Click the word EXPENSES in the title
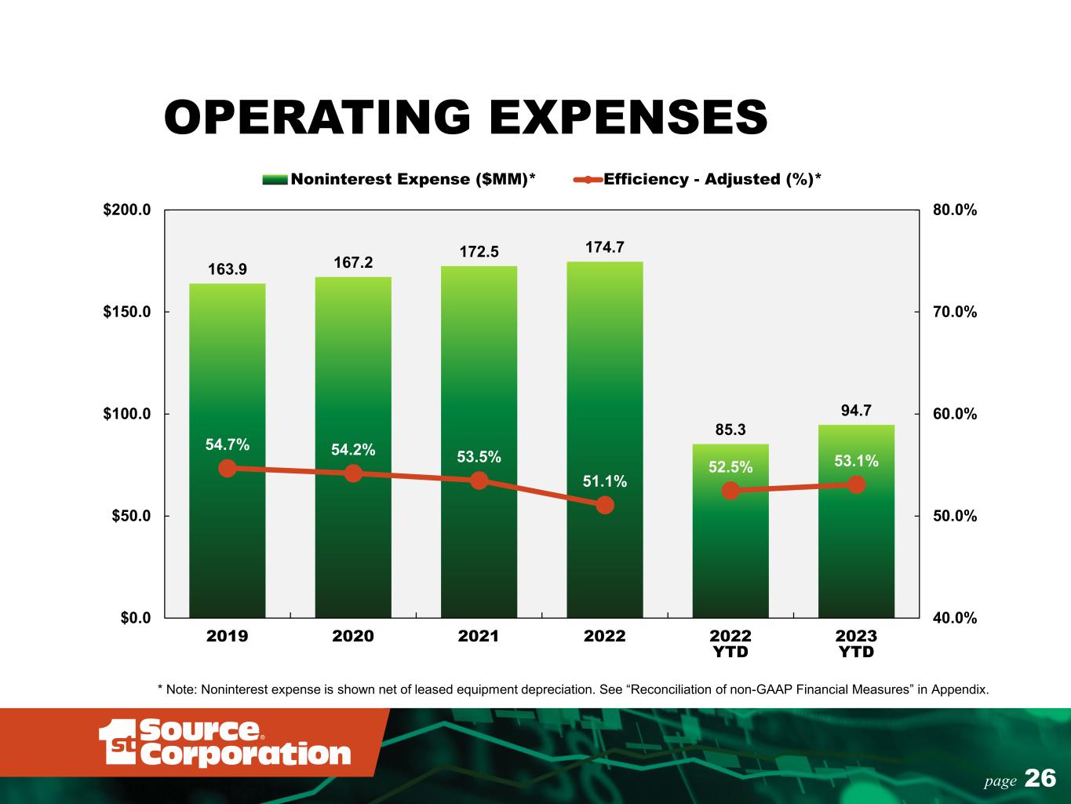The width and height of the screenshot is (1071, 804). (628, 117)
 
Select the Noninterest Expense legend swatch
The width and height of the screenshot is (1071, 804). (275, 180)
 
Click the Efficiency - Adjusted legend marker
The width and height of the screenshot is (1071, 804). (588, 180)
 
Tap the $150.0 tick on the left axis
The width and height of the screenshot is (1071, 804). (127, 312)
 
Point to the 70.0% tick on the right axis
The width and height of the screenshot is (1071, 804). (955, 312)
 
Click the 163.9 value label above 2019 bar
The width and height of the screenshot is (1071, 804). (228, 269)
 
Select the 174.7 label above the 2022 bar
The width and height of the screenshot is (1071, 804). (604, 247)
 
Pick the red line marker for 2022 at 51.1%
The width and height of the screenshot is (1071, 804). (605, 505)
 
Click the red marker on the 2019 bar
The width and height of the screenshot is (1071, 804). (228, 469)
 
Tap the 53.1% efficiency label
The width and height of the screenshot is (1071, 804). (856, 461)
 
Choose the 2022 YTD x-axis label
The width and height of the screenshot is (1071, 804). (730, 644)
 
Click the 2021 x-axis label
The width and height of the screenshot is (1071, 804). (479, 636)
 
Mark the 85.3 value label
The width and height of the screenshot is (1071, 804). (730, 429)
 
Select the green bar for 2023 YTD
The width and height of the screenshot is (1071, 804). (856, 521)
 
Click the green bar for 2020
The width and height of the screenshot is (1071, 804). (353, 448)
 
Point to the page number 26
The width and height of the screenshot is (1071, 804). (1040, 778)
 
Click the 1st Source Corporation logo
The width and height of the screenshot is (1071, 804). (224, 742)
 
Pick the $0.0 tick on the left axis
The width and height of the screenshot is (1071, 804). (136, 618)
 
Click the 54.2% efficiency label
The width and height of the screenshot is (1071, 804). (353, 450)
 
